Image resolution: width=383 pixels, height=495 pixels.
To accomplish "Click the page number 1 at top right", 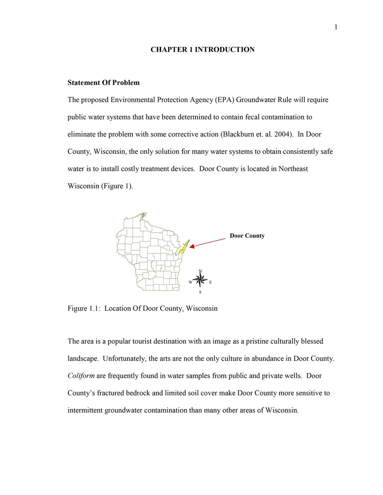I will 336,27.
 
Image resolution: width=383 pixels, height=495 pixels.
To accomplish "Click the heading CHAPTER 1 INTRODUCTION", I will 202,49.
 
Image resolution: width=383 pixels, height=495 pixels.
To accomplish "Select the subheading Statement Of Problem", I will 103,82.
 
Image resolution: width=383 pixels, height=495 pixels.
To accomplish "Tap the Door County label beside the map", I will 247,236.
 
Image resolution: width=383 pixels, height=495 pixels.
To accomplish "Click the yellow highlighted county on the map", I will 183,248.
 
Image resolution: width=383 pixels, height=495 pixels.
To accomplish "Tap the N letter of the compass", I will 200,271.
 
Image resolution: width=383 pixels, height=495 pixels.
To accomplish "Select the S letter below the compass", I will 200,292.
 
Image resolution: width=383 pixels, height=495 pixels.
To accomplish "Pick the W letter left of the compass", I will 190,282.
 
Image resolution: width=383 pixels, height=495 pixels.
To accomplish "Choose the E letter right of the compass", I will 210,282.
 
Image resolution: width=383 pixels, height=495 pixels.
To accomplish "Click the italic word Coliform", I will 81,376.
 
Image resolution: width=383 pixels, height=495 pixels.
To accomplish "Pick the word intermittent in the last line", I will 85,410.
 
